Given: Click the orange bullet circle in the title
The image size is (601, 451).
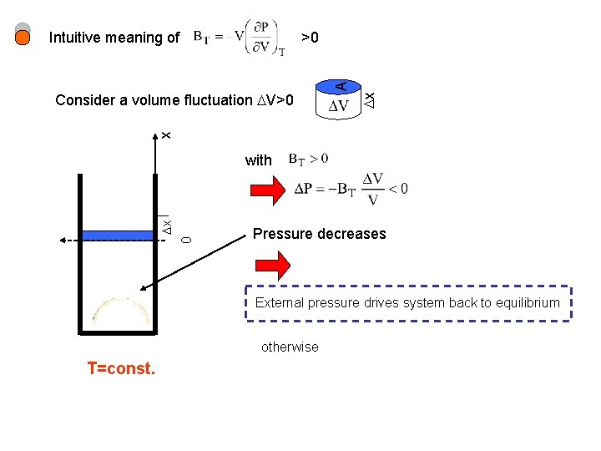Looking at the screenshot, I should [x=23, y=37].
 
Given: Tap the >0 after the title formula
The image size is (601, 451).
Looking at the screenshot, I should [x=310, y=38].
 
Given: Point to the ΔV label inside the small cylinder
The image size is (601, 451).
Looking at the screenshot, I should [x=338, y=106].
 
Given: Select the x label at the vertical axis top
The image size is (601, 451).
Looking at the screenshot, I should [x=165, y=134].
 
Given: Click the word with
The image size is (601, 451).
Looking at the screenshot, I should [x=259, y=160].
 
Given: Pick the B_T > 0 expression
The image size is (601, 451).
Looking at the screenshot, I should [x=308, y=158].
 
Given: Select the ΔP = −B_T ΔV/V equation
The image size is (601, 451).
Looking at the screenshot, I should [x=351, y=189].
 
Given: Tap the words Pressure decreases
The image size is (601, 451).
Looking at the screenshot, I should [x=319, y=234].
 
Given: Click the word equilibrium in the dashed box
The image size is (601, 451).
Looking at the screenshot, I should [x=523, y=302].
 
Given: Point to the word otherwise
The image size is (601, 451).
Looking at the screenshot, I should [x=290, y=347].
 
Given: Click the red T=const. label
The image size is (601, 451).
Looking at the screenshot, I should [x=121, y=368].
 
